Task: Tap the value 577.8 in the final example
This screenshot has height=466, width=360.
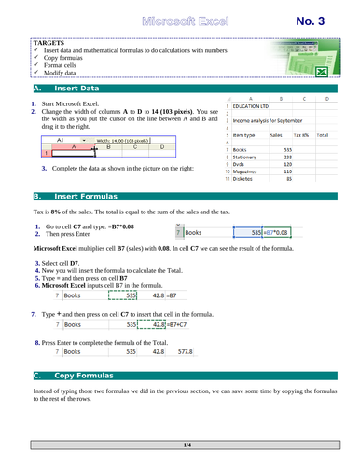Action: tap(158, 352)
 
